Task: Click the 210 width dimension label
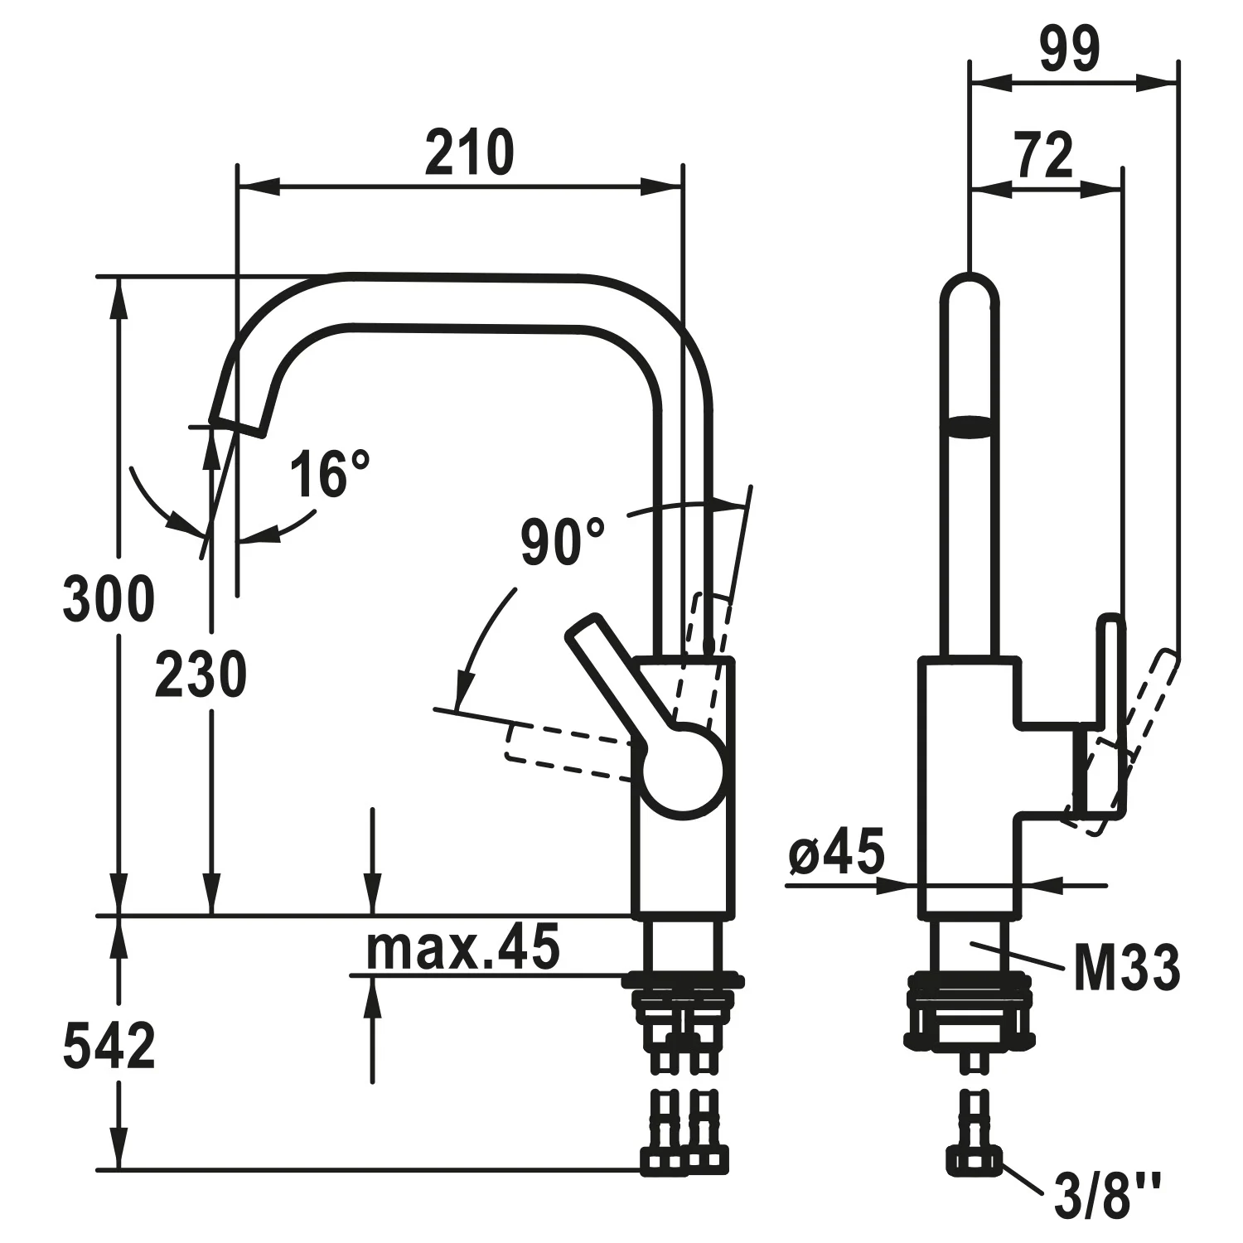[x=469, y=153]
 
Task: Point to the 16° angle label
[x=329, y=474]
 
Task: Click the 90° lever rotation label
[x=563, y=542]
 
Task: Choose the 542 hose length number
[x=109, y=1046]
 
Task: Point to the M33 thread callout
[x=1127, y=968]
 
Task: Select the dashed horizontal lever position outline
[x=572, y=751]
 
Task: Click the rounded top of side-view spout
[x=970, y=285]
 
